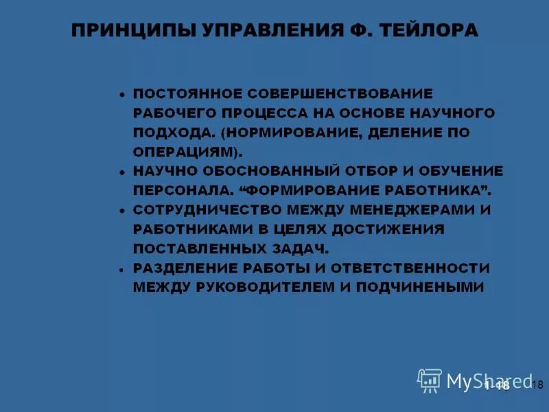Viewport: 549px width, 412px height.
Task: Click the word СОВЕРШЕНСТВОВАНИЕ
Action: pos(340,93)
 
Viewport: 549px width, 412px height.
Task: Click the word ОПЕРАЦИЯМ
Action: pos(183,150)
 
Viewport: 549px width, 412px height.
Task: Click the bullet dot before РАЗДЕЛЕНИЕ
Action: pos(121,270)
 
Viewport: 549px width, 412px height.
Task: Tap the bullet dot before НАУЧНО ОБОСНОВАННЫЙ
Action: pos(121,172)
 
